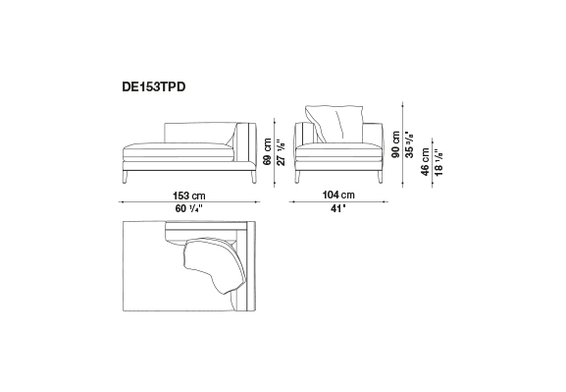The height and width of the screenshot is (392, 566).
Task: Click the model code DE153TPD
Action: (154, 87)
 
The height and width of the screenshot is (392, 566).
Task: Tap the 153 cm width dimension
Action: (188, 196)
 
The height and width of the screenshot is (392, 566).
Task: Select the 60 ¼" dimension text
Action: (188, 208)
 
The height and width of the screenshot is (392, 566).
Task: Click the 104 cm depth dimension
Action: (338, 195)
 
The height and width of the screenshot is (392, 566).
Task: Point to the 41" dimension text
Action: (338, 208)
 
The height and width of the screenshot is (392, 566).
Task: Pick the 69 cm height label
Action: (268, 151)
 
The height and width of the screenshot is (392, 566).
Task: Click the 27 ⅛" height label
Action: (281, 152)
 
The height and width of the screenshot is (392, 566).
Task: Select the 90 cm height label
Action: (396, 143)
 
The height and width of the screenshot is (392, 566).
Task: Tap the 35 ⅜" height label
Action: (410, 144)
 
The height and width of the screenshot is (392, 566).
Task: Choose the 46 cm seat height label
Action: (425, 162)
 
